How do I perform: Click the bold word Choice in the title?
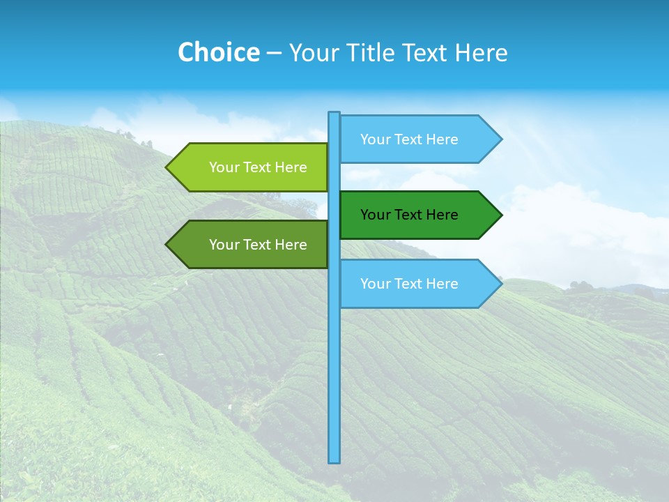tap(218, 53)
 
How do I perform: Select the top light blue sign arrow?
tap(418, 139)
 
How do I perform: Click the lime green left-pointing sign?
tap(251, 167)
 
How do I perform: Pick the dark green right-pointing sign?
tap(418, 215)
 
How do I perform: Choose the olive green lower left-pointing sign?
tap(251, 245)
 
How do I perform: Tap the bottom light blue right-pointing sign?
tap(418, 284)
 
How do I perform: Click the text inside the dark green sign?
tap(409, 215)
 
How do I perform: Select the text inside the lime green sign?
tap(258, 167)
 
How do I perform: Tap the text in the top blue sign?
tap(409, 139)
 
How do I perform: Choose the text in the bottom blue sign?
tap(409, 284)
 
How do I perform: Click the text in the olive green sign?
tap(258, 245)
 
